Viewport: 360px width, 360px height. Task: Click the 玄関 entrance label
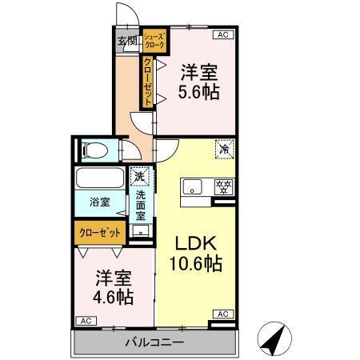coord(126,40)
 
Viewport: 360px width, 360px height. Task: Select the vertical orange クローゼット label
coord(148,80)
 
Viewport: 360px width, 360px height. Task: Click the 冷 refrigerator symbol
coord(225,148)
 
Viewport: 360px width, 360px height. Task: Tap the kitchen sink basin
coord(192,188)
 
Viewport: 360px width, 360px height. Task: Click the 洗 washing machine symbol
coord(139,175)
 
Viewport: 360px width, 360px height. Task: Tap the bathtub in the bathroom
coord(99,178)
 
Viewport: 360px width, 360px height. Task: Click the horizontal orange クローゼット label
coord(100,231)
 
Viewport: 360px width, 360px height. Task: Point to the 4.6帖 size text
coord(112,294)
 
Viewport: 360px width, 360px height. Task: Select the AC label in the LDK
coord(222,314)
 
